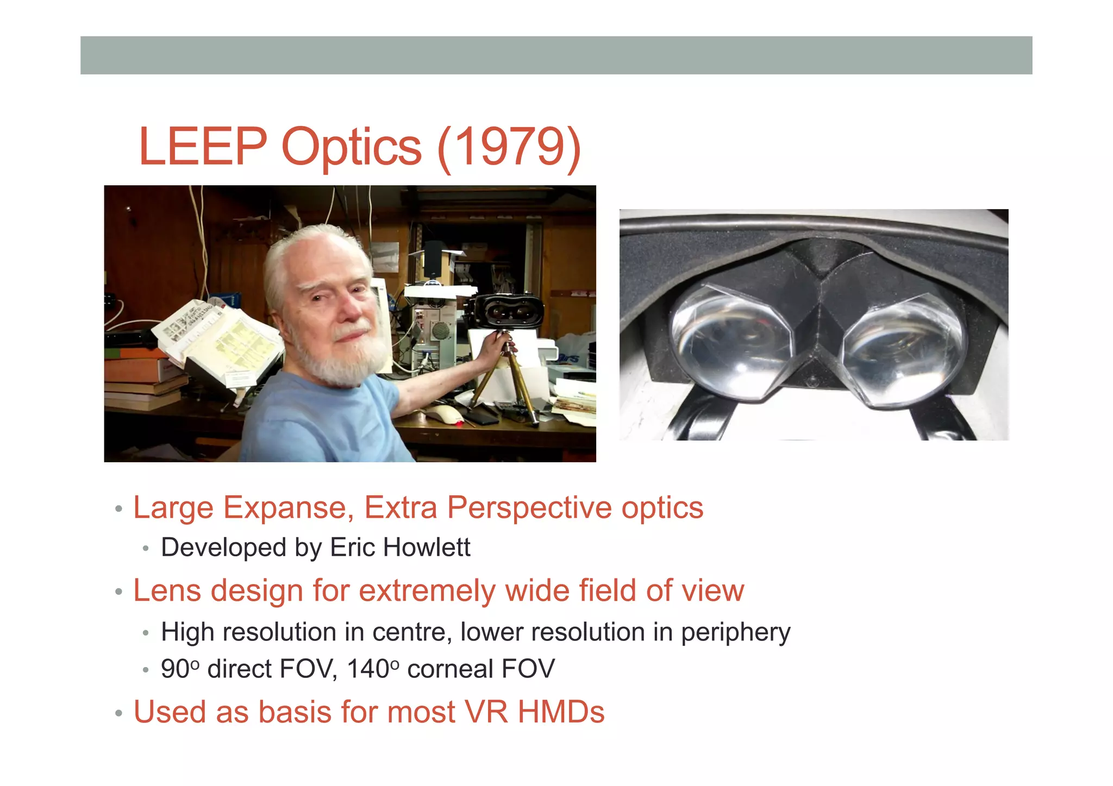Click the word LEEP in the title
pyautogui.click(x=203, y=147)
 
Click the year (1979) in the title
pyautogui.click(x=509, y=148)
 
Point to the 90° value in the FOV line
pyautogui.click(x=180, y=669)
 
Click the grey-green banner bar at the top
pyautogui.click(x=556, y=55)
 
